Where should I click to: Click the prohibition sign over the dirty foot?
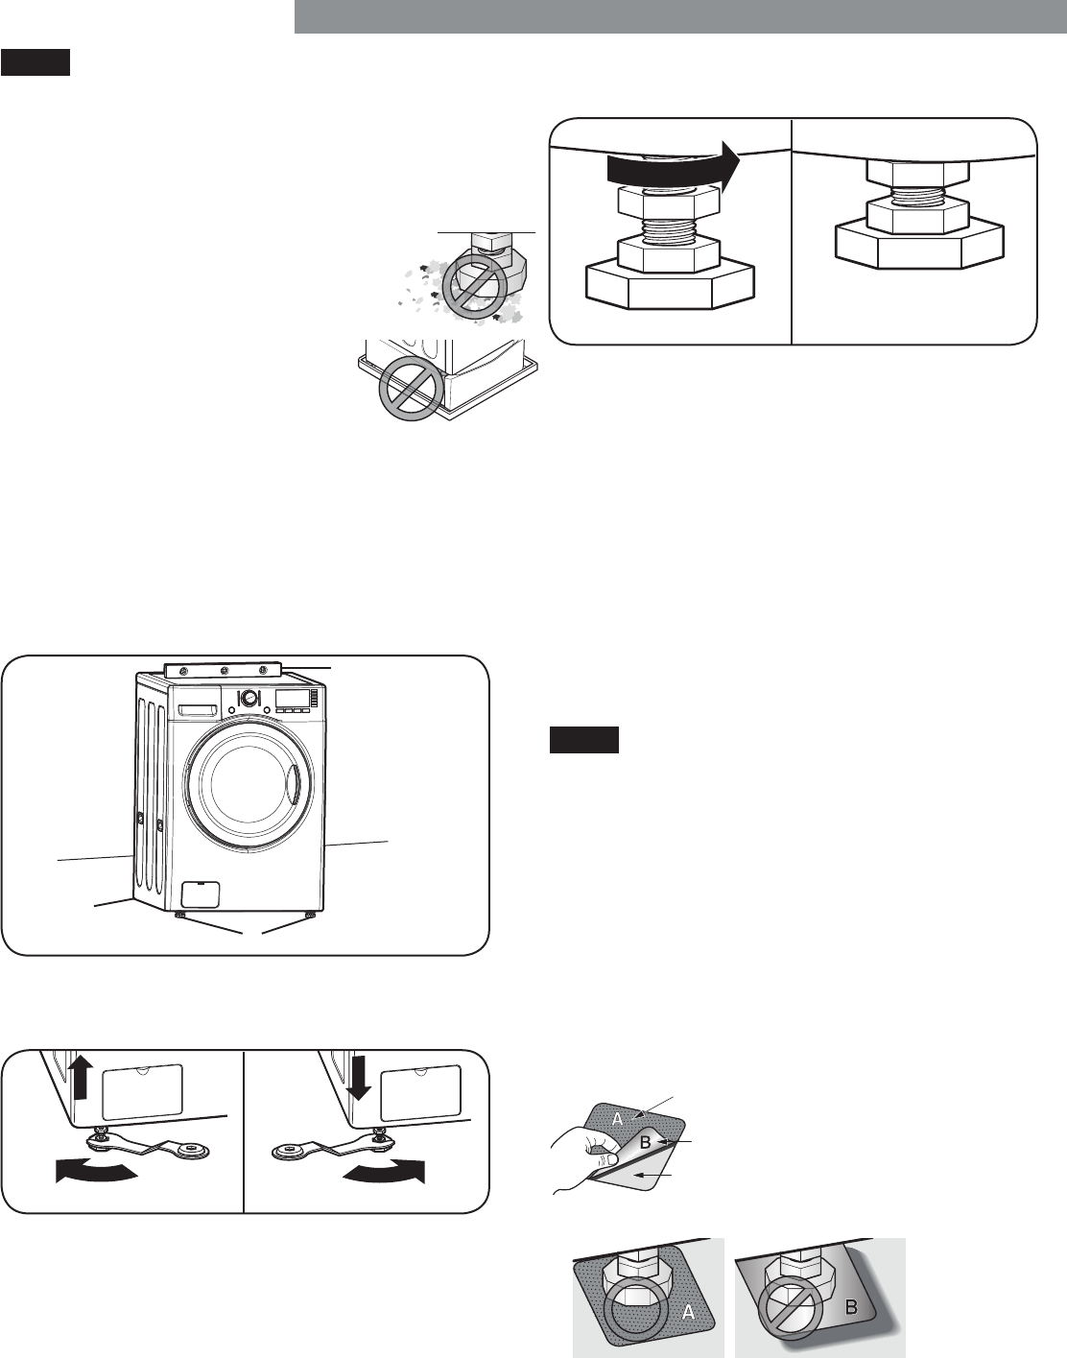point(473,286)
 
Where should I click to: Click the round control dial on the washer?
point(249,699)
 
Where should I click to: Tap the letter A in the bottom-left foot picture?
point(687,1314)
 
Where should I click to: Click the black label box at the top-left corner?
point(36,64)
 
